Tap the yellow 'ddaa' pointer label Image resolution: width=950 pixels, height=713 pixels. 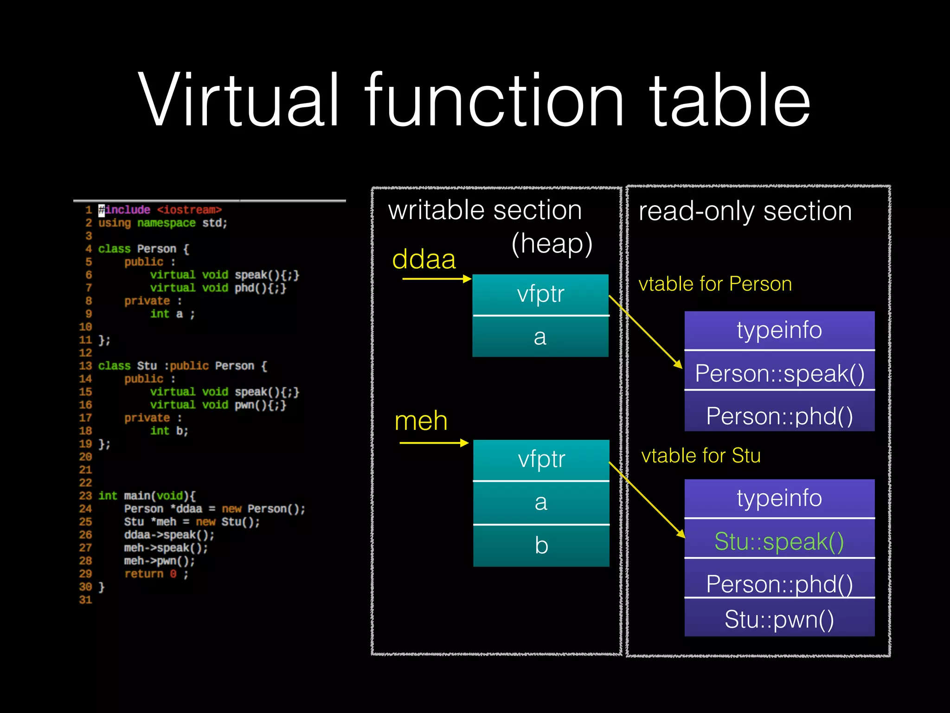[x=424, y=259]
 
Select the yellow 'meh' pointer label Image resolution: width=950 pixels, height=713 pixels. [x=421, y=421]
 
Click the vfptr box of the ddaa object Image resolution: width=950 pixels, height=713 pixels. [x=540, y=294]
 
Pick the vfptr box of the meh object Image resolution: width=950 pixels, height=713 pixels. [x=541, y=460]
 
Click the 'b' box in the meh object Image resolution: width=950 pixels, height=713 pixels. [x=541, y=545]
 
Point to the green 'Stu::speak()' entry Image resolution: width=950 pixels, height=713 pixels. [x=779, y=541]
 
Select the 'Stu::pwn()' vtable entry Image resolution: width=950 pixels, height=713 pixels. [x=779, y=619]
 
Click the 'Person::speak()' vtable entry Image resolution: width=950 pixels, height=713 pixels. [x=779, y=373]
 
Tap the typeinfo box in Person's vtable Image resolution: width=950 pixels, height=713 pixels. [x=779, y=330]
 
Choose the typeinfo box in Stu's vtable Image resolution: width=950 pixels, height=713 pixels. [x=779, y=498]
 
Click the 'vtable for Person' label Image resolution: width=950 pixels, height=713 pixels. [x=715, y=284]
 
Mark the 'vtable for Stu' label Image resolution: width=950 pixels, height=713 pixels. [x=700, y=455]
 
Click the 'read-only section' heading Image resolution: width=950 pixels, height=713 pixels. [x=745, y=211]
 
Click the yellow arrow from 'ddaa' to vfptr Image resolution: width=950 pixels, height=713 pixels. [x=436, y=279]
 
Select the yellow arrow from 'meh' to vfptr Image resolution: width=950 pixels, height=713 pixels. [x=434, y=443]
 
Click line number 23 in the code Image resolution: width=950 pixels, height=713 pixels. [x=85, y=496]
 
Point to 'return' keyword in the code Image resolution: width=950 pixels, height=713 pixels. [x=144, y=574]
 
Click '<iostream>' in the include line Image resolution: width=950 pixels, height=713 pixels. [x=189, y=210]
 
